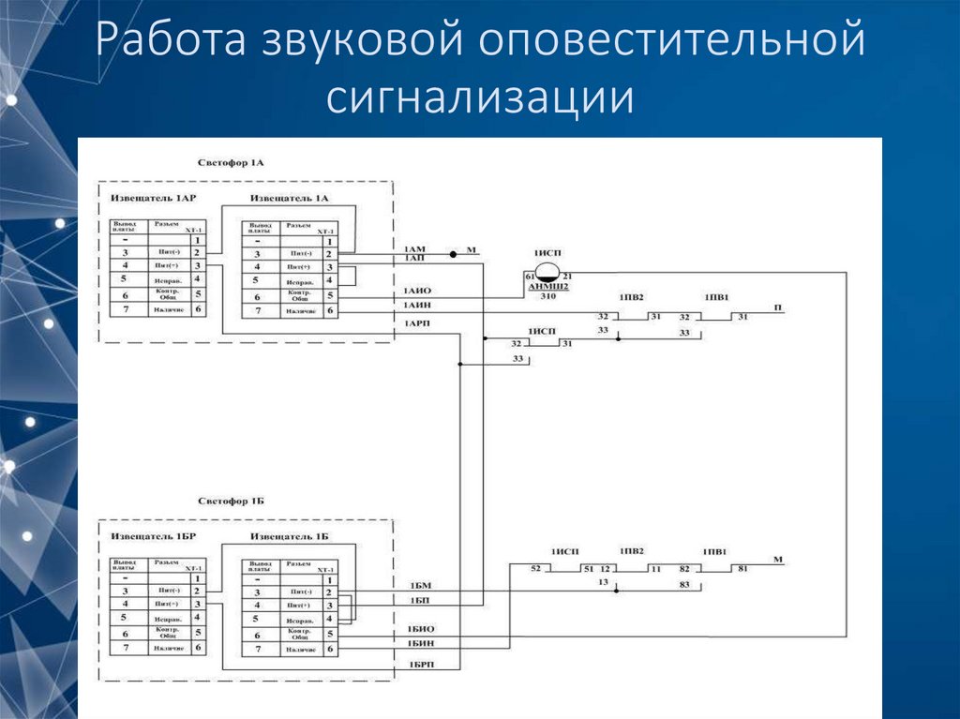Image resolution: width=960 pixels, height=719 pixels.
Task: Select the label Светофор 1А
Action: (231, 162)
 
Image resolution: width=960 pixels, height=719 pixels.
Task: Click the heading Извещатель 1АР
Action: (154, 198)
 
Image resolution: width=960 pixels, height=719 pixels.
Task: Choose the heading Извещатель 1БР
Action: (154, 536)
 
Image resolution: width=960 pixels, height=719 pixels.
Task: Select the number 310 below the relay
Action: (547, 296)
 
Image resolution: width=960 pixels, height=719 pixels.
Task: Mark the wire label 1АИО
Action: (417, 291)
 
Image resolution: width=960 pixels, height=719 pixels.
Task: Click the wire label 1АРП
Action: (417, 323)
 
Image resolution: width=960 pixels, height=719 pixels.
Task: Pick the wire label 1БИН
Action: (420, 642)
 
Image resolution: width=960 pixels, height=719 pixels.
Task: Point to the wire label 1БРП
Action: (420, 664)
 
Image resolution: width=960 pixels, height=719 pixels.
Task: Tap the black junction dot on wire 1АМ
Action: (452, 254)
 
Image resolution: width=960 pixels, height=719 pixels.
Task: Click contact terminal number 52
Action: (535, 569)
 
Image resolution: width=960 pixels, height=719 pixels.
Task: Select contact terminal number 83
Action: (684, 585)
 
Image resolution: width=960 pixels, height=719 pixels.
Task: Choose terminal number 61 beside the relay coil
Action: (529, 276)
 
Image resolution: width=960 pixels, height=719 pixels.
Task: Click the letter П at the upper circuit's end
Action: (777, 307)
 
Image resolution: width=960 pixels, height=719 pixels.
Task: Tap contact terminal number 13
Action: (604, 582)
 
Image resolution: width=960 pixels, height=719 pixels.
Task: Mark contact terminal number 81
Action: (742, 569)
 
